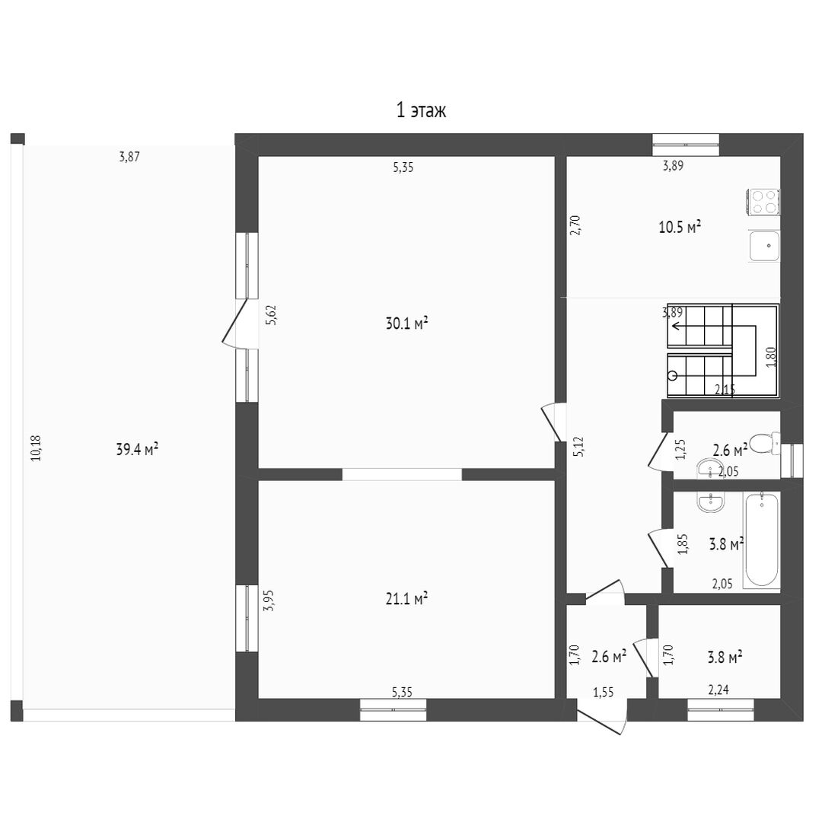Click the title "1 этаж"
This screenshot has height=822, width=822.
point(421,110)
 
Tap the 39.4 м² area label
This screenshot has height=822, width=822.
point(137,449)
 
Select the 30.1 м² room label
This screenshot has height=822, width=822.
point(406,323)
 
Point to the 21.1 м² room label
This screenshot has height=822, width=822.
point(406,598)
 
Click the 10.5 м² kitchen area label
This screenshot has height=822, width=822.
point(680,227)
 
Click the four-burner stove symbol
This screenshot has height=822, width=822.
point(763,202)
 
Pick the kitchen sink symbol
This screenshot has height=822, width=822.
point(765,246)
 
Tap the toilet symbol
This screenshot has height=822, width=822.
point(765,443)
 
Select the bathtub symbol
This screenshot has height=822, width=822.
point(762,540)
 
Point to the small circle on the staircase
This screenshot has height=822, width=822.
point(673,375)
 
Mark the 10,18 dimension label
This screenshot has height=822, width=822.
point(36,448)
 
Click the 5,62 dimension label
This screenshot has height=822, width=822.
point(270,315)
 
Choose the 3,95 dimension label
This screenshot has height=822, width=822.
point(269,601)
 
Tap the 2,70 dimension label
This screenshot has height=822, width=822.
point(575,225)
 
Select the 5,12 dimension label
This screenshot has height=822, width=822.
point(578,447)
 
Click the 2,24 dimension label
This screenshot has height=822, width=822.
point(718,690)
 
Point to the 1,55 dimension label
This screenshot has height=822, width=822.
point(603,693)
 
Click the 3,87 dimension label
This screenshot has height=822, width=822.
point(129,156)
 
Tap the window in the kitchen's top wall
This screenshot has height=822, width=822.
point(685,145)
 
